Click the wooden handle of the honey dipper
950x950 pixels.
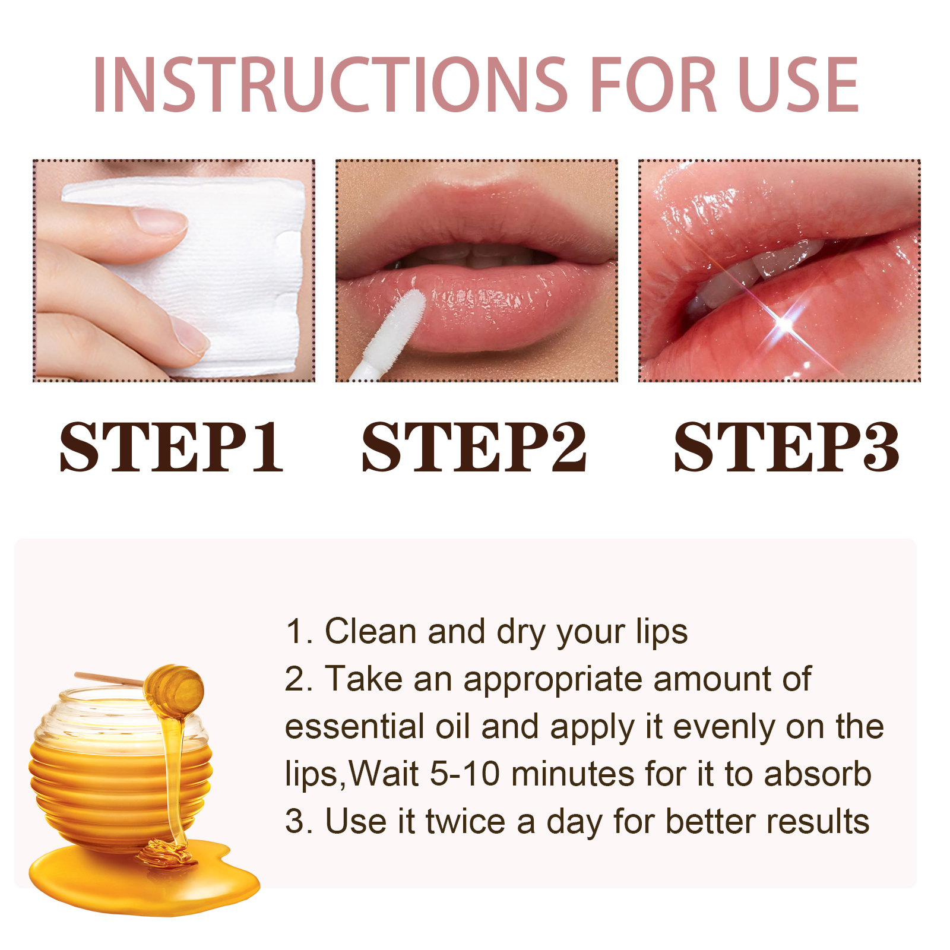[x=107, y=677]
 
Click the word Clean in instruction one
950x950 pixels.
[x=370, y=631]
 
